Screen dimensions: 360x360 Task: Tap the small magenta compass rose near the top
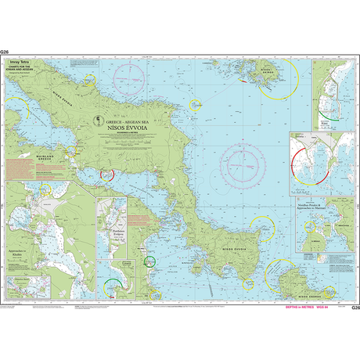point(129,76)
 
